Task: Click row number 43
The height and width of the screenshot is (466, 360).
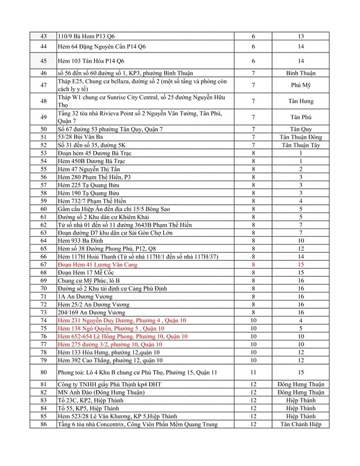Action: [x=44, y=36]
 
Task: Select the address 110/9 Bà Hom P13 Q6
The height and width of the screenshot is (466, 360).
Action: [x=86, y=36]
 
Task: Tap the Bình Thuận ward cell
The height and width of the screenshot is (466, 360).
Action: [x=301, y=73]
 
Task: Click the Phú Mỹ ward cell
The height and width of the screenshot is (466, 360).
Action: [x=301, y=85]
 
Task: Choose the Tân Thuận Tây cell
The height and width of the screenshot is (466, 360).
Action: [x=301, y=145]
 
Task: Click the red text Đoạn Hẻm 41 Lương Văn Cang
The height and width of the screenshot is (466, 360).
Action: [x=97, y=265]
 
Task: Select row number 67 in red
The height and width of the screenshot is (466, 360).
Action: [x=44, y=265]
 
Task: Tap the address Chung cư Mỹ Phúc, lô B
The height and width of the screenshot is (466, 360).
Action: [x=89, y=281]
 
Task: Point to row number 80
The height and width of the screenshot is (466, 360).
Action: [x=44, y=372]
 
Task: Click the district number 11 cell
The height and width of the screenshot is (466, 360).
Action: [x=253, y=372]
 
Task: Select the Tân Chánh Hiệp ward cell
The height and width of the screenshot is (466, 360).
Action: [x=301, y=424]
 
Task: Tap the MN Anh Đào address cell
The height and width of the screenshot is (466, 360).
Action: [x=98, y=392]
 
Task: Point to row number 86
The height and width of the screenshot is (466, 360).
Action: [x=44, y=424]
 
